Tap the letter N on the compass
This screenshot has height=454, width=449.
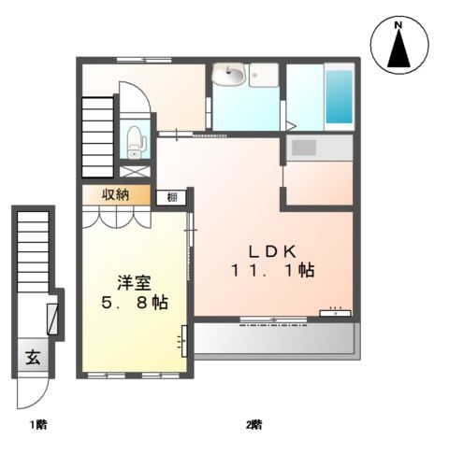[398, 25]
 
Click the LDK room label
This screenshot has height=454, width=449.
[272, 250]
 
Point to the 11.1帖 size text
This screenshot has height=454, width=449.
[273, 271]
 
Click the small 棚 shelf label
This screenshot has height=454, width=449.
[173, 196]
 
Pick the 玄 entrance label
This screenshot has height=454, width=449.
[32, 357]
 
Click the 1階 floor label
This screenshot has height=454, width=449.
[37, 425]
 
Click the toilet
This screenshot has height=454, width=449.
[136, 142]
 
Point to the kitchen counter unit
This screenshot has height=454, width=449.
[319, 148]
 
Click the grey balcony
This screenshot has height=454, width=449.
[273, 340]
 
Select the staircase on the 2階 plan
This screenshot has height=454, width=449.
[98, 140]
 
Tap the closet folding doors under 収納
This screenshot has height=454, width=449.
[116, 217]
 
